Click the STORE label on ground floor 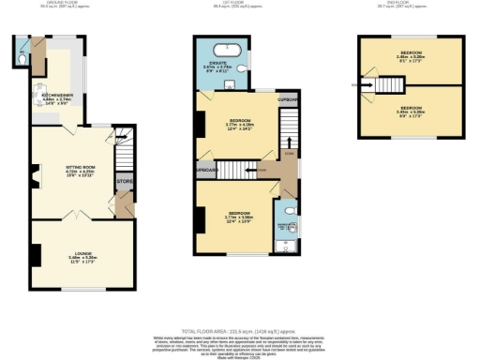123,180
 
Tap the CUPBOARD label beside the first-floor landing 288,98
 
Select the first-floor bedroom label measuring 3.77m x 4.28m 241,124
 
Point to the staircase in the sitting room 121,151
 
